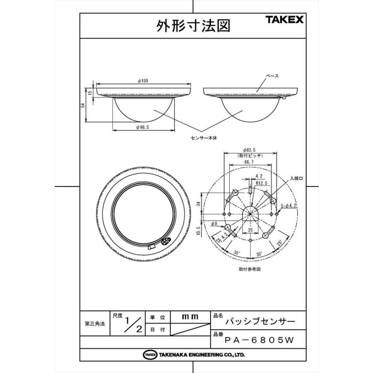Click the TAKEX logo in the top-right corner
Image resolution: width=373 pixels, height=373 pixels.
pyautogui.click(x=284, y=19)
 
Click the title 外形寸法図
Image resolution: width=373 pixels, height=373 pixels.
pyautogui.click(x=193, y=26)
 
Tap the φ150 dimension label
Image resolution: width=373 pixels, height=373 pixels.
pyautogui.click(x=143, y=81)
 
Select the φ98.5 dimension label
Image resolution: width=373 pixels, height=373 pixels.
pyautogui.click(x=143, y=127)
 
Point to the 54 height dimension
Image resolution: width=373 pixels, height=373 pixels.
pyautogui.click(x=83, y=105)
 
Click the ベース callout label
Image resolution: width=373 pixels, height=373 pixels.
pyautogui.click(x=272, y=76)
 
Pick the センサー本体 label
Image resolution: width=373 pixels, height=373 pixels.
pyautogui.click(x=204, y=138)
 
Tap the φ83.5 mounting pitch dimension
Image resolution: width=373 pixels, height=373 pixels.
pyautogui.click(x=249, y=150)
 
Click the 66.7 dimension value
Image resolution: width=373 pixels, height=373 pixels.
pyautogui.click(x=249, y=162)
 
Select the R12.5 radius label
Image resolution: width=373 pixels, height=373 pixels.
pyautogui.click(x=262, y=183)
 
